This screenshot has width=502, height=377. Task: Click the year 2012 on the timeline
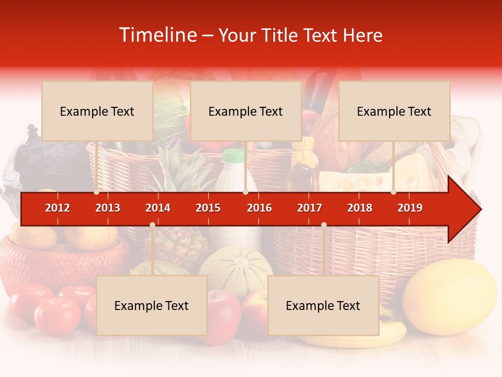(58, 208)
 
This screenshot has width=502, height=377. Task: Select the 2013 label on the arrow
(108, 208)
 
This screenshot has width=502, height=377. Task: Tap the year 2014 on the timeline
(158, 208)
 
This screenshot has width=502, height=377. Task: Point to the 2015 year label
(208, 208)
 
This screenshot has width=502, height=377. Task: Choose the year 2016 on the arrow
(259, 208)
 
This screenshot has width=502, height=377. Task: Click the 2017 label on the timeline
(310, 208)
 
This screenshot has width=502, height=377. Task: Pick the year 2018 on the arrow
(360, 208)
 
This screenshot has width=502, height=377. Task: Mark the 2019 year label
(410, 208)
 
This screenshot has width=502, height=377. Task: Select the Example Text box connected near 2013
(97, 112)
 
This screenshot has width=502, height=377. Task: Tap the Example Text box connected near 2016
(246, 112)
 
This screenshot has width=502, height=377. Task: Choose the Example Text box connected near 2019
(394, 112)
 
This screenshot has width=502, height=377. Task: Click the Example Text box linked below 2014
(152, 306)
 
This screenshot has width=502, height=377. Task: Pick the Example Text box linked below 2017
(323, 306)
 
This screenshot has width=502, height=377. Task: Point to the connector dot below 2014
(152, 225)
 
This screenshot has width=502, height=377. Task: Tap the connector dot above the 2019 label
(393, 192)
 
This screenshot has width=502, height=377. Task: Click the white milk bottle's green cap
(234, 155)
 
